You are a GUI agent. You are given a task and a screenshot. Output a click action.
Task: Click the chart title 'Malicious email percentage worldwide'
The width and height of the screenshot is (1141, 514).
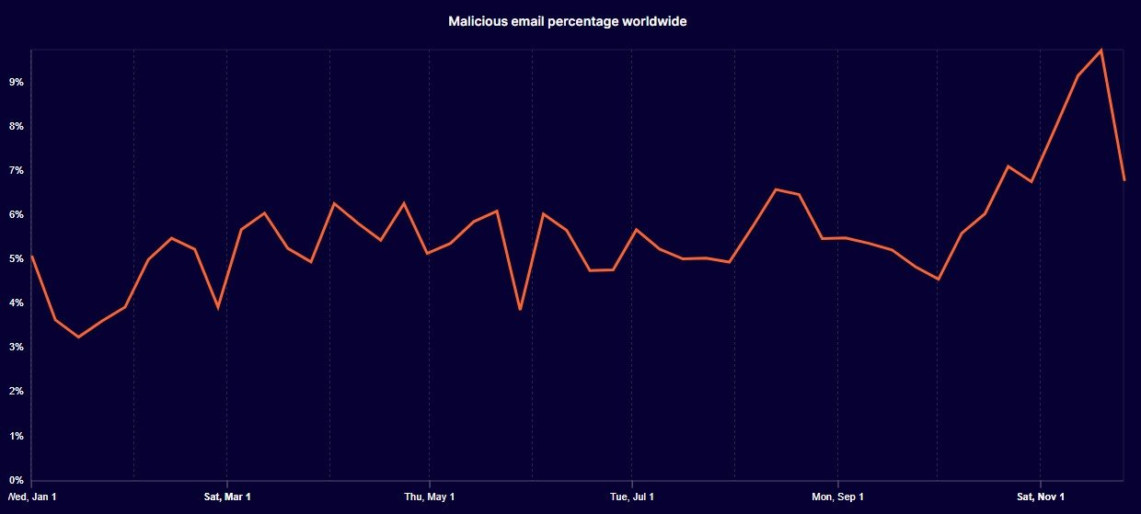coord(567,21)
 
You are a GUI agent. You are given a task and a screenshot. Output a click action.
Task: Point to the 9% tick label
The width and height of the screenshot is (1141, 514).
coord(16,82)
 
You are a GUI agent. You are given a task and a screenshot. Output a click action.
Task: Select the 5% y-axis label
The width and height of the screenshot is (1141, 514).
coord(16,258)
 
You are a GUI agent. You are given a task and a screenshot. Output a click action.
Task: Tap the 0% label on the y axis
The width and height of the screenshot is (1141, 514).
coord(16,480)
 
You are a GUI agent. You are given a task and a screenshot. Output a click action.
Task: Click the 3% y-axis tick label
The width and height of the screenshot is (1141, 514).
coord(16,347)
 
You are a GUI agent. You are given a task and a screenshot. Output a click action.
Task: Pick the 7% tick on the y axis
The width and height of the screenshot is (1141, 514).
coord(16,170)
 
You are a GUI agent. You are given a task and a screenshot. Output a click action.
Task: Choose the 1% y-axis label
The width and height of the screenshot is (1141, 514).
coord(16,435)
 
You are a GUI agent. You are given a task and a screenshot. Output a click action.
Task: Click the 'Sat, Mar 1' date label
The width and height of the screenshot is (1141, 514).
coord(227,497)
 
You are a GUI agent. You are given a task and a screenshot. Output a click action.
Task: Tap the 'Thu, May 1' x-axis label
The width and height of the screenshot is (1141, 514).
coord(430,497)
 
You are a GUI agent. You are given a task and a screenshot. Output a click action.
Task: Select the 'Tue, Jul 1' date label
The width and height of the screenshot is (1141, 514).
coord(632,497)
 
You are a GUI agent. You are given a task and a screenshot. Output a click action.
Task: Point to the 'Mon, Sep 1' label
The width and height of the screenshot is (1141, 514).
coord(837,497)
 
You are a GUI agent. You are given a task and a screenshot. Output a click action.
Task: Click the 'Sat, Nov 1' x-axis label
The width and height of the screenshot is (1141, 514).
coord(1041,497)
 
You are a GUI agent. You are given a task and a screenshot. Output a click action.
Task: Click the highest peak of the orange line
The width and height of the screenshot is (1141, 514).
coord(1101,50)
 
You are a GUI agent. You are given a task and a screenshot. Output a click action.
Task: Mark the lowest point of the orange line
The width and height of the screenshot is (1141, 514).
coord(78,337)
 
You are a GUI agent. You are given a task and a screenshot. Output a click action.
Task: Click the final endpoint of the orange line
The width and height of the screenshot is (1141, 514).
coord(1124,179)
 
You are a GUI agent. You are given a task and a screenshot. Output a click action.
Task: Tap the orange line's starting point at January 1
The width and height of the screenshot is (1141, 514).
coord(32,257)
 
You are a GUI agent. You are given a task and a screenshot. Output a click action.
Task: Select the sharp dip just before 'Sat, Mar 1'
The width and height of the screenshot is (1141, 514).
coord(218,308)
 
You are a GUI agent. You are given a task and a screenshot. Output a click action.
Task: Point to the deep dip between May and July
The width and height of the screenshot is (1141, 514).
coord(521,309)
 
